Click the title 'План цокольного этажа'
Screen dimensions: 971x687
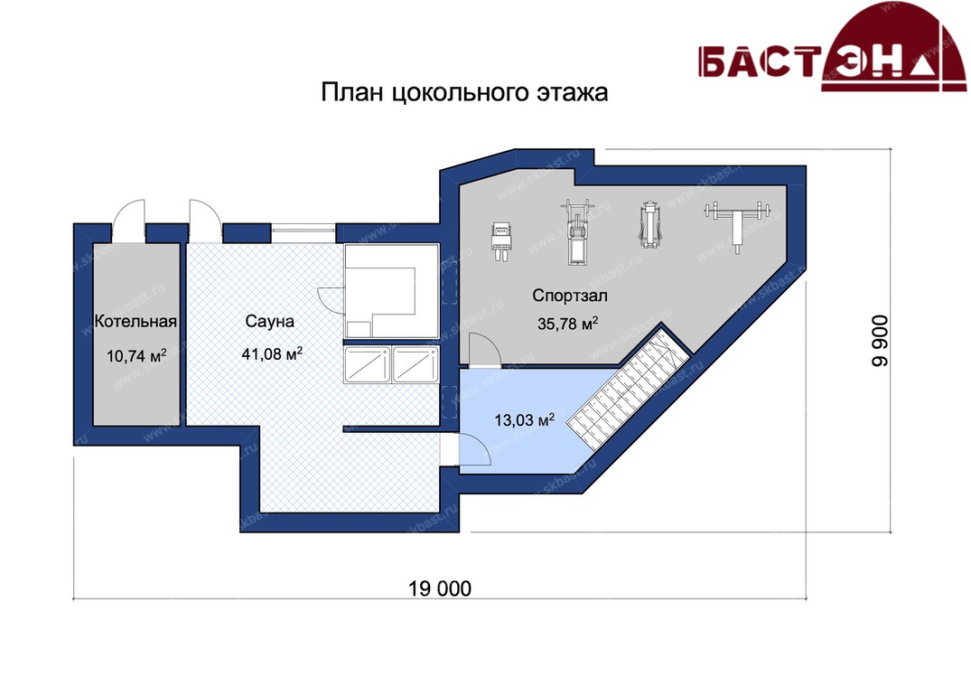(464, 93)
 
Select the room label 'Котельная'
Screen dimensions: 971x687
(135, 322)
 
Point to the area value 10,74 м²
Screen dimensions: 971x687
(136, 355)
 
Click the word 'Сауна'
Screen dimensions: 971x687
(269, 321)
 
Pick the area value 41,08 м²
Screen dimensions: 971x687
(272, 353)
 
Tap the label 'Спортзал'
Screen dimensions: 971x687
(570, 296)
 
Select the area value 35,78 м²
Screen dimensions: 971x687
(567, 324)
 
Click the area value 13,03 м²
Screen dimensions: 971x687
(524, 420)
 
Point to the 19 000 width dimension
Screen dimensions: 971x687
(440, 588)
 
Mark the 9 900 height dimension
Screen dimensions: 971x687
(880, 341)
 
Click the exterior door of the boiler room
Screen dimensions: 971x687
(129, 221)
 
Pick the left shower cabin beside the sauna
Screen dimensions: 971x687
(368, 364)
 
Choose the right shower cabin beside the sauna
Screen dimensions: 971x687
(415, 364)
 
